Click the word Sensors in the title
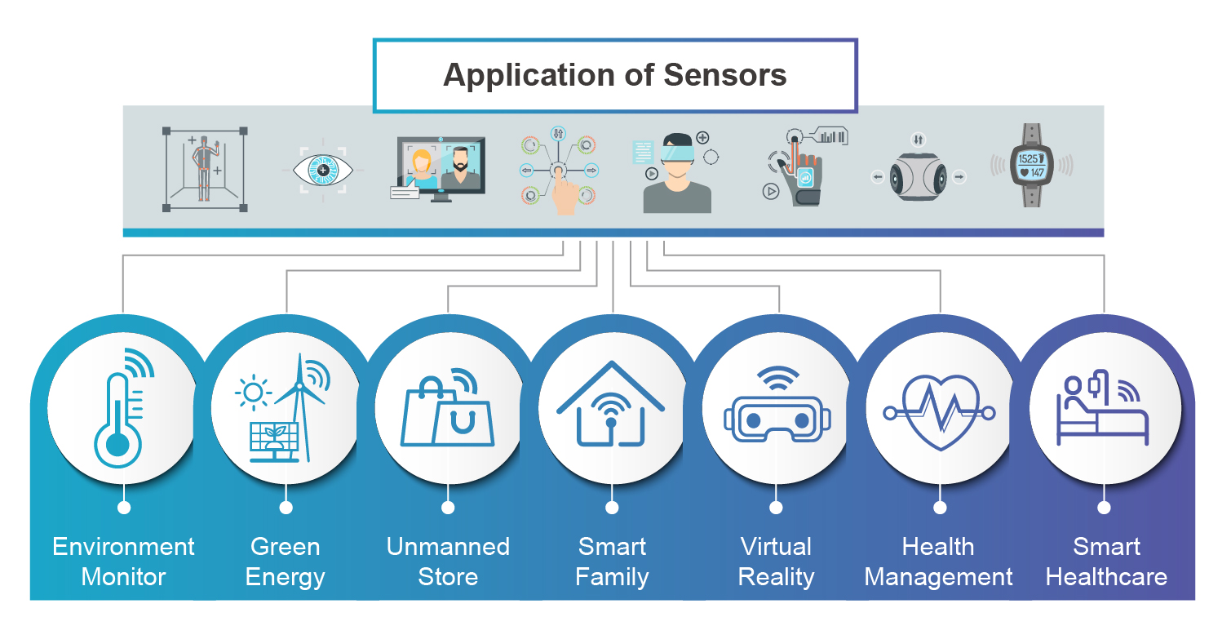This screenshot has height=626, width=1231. pyautogui.click(x=725, y=75)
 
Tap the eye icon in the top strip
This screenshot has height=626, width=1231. pyautogui.click(x=323, y=171)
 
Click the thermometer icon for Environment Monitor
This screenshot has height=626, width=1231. pyautogui.click(x=119, y=416)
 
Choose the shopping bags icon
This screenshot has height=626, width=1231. pyautogui.click(x=447, y=414)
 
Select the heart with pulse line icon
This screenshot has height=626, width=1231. pyautogui.click(x=940, y=412)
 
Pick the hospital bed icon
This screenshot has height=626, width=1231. pyautogui.click(x=1101, y=416)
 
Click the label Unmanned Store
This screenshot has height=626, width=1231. pyautogui.click(x=448, y=562)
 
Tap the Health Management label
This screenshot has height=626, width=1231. pyautogui.click(x=938, y=562)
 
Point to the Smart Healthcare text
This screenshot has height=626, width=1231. pyautogui.click(x=1106, y=562)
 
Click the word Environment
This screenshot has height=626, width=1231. pyautogui.click(x=123, y=546)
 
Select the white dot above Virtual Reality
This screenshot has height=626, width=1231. pyautogui.click(x=776, y=508)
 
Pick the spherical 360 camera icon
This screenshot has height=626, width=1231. pyautogui.click(x=918, y=175)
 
